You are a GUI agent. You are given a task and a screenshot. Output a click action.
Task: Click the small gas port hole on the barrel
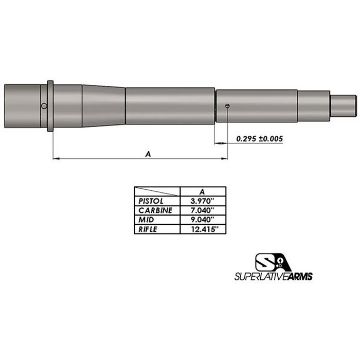(229, 105)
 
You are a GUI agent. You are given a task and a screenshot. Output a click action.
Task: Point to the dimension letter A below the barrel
(148, 155)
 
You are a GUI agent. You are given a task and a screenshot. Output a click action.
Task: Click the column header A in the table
(203, 191)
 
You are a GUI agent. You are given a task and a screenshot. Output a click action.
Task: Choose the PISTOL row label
(155, 200)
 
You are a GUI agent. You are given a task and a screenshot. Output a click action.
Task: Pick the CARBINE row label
(155, 210)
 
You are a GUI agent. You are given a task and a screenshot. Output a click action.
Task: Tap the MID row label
(155, 220)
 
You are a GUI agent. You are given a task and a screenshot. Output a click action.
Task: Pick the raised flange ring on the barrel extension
(48, 105)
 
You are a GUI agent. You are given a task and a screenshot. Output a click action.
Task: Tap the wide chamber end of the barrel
(22, 105)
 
